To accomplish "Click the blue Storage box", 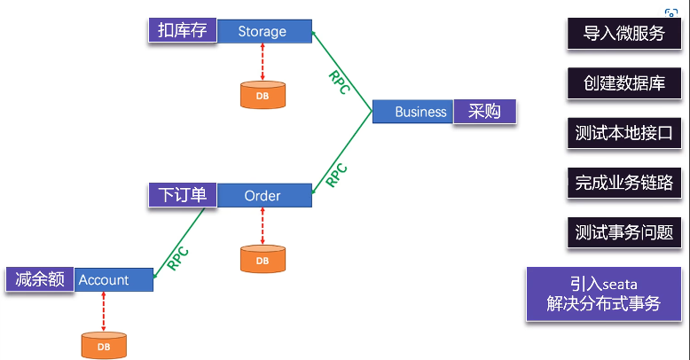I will pos(263,32).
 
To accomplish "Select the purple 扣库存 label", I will pos(182,30).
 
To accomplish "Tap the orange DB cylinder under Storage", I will pos(263,95).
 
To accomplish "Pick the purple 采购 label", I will pos(484,112).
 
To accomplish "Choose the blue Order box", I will pos(263,195).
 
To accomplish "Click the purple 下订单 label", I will pos(182,195).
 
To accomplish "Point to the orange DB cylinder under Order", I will pos(263,260).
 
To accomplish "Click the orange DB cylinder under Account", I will pos(104,345).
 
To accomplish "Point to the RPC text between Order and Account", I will pos(179,257).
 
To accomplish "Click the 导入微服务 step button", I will pos(623,34).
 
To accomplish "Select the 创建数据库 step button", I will pos(623,83).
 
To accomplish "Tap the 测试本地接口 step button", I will pos(623,133).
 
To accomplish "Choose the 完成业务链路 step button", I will pos(623,183).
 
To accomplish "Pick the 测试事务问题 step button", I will pos(623,232).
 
